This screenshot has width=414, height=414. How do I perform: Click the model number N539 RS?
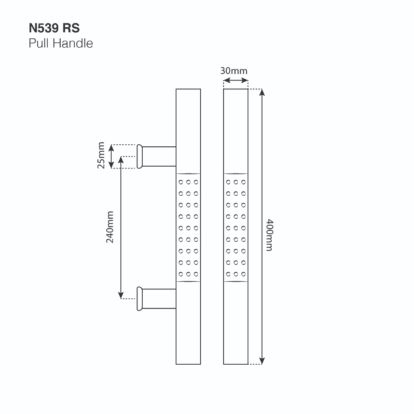pyautogui.click(x=54, y=28)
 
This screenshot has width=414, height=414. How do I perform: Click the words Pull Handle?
pyautogui.click(x=61, y=43)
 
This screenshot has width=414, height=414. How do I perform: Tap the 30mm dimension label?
pyautogui.click(x=234, y=71)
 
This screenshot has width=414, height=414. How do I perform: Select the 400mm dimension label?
pyautogui.click(x=269, y=235)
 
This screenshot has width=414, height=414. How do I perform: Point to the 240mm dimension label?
pyautogui.click(x=110, y=227)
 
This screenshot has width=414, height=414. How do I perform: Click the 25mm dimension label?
pyautogui.click(x=101, y=155)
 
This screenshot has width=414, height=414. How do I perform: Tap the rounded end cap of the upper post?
pyautogui.click(x=139, y=156)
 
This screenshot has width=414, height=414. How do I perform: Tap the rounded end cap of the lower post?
pyautogui.click(x=139, y=299)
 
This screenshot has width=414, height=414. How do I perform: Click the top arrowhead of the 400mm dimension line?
pyautogui.click(x=262, y=93)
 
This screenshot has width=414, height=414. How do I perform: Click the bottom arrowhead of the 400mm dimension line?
pyautogui.click(x=262, y=361)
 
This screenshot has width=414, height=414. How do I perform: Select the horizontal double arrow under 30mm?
pyautogui.click(x=236, y=80)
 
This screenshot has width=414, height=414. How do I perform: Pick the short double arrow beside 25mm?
pyautogui.click(x=112, y=156)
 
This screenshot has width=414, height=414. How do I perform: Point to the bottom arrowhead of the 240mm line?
pyautogui.click(x=121, y=296)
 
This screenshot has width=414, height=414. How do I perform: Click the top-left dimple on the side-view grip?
pyautogui.click(x=181, y=182)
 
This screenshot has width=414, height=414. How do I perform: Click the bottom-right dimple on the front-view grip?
pyautogui.click(x=243, y=274)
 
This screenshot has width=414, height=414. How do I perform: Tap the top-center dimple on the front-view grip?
pyautogui.click(x=236, y=182)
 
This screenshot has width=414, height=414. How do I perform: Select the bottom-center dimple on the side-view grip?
pyautogui.click(x=188, y=274)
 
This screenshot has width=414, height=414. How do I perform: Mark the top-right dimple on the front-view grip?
pyautogui.click(x=243, y=182)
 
